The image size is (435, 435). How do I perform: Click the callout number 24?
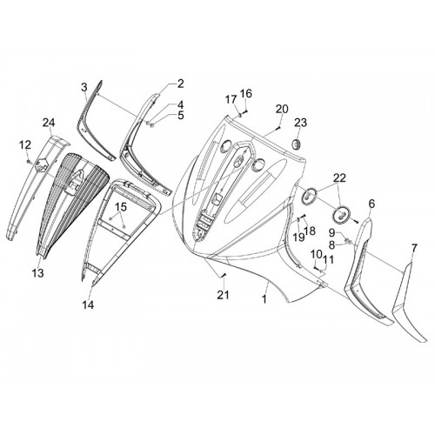tap(49, 123)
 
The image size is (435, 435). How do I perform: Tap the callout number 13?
tap(38, 272)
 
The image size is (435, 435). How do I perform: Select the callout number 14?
tap(88, 304)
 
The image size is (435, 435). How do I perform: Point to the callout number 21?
tap(224, 295)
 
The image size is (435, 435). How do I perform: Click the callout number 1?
tap(264, 299)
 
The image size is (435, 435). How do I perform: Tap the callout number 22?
tap(339, 178)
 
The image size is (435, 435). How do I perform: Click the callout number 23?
tap(300, 123)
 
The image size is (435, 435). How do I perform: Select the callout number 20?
tap(282, 109)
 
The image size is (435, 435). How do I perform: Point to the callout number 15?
tap(121, 207)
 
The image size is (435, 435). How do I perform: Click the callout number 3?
tap(84, 87)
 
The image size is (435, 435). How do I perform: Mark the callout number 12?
tap(25, 144)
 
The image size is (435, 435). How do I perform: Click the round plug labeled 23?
tap(297, 144)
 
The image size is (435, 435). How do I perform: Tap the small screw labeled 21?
tap(223, 275)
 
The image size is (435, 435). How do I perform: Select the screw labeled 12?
tap(29, 161)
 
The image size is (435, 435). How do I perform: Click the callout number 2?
tap(180, 84)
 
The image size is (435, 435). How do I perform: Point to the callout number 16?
tap(246, 93)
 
